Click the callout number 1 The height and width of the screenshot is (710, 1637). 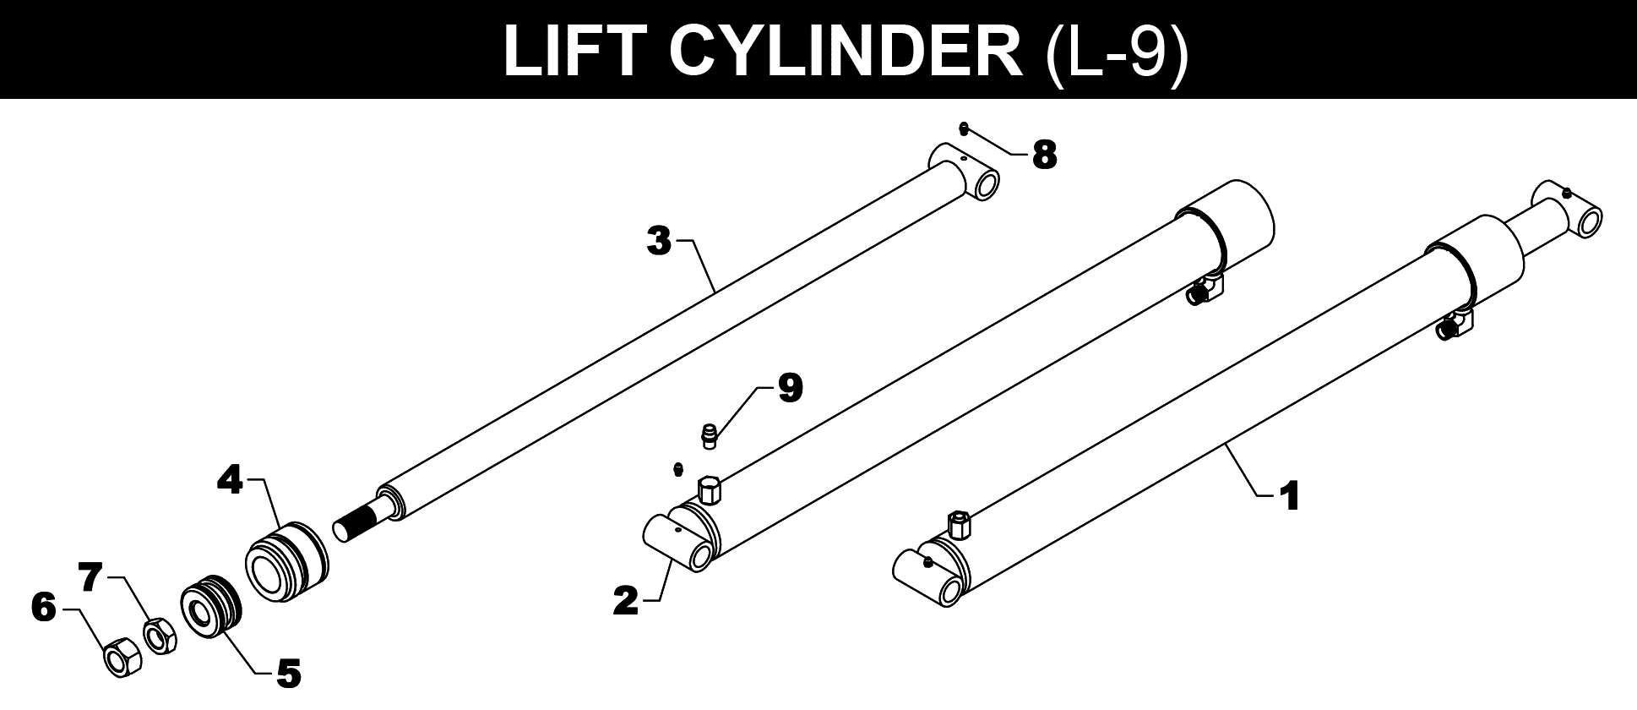click(1289, 497)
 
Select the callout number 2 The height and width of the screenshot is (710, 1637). click(626, 602)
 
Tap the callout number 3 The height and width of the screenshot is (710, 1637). click(659, 241)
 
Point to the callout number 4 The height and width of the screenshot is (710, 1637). click(230, 480)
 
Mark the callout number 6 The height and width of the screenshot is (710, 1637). click(43, 608)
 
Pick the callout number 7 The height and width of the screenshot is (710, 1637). click(91, 578)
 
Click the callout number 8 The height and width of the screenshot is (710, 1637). click(1044, 155)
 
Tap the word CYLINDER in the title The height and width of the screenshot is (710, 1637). click(845, 51)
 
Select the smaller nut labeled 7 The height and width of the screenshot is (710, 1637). click(158, 636)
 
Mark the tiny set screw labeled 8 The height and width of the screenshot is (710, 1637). click(965, 128)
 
